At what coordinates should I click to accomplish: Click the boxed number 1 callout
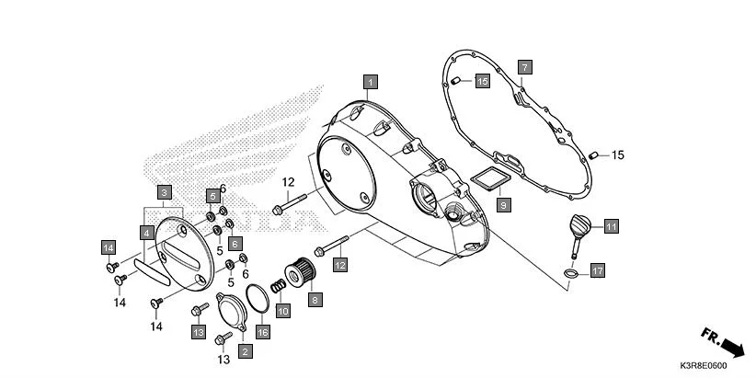pos(370,81)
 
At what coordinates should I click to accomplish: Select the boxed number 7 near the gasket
pos(523,67)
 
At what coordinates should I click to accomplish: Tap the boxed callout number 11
pos(611,224)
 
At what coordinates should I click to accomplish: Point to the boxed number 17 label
pos(597,270)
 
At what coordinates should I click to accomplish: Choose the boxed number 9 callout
pos(503,205)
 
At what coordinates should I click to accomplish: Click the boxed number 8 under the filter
pos(315,299)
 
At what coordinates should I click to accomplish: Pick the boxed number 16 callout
pos(262,332)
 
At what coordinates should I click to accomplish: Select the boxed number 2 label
pos(245,350)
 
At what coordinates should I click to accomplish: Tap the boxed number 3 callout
pos(164,192)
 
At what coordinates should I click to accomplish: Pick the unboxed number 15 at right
pos(617,155)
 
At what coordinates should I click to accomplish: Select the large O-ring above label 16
pos(261,298)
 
